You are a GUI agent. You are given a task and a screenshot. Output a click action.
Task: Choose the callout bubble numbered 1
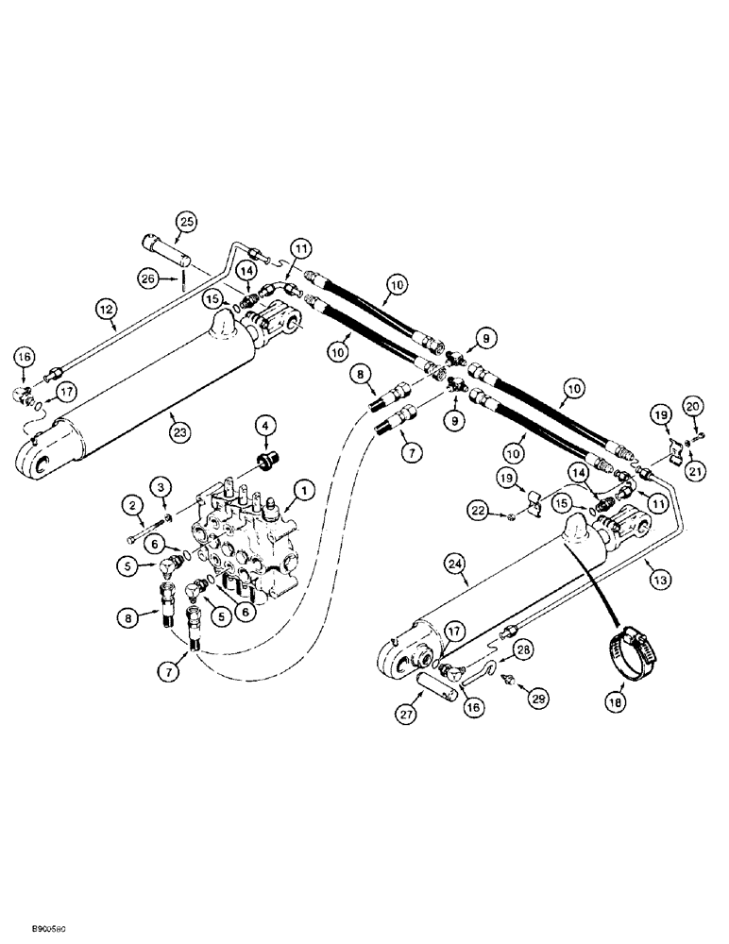(x=303, y=490)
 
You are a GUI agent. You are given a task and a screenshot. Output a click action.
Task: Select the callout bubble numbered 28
(x=523, y=649)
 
